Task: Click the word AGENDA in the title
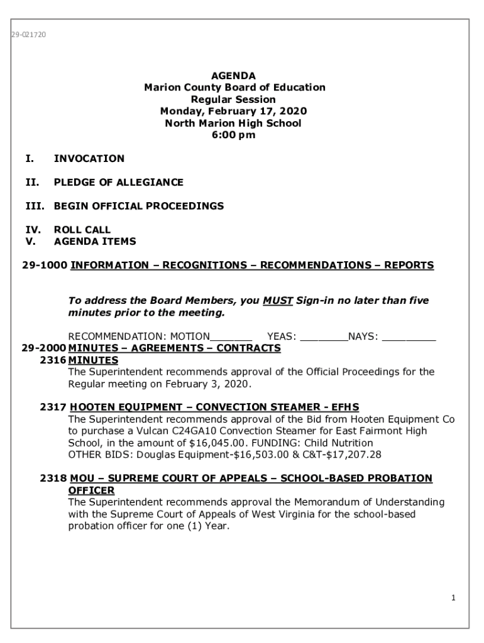pos(233,76)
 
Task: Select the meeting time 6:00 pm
pos(233,135)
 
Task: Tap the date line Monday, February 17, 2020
pos(233,111)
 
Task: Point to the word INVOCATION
pos(89,159)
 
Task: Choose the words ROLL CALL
pos(82,230)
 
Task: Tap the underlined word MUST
pos(278,300)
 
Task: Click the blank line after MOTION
pos(231,337)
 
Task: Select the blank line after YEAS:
pos(324,337)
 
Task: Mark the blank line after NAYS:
pos(409,337)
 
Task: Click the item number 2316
pos(52,360)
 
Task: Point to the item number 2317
pos(52,407)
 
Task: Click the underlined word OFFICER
pos(91,490)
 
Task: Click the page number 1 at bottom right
pos(453,598)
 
